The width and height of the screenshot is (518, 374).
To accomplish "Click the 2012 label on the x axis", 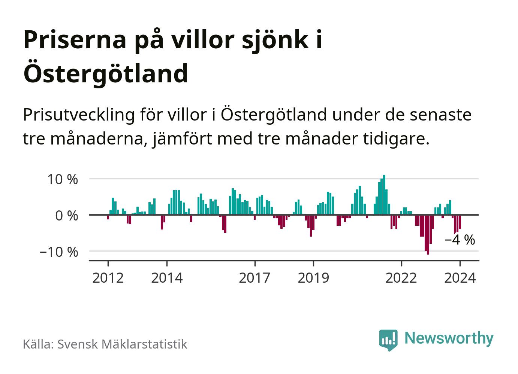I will pyautogui.click(x=108, y=278).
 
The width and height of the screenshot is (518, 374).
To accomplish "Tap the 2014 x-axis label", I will pyautogui.click(x=167, y=278).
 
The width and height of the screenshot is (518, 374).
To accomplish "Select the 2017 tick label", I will pyautogui.click(x=255, y=278).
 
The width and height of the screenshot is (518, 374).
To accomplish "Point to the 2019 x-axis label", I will pyautogui.click(x=313, y=278).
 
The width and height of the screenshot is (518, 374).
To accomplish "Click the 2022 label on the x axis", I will pyautogui.click(x=401, y=278).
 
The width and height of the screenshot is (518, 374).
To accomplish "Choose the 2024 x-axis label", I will pyautogui.click(x=460, y=278).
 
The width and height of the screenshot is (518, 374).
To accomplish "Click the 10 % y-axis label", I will pyautogui.click(x=62, y=179).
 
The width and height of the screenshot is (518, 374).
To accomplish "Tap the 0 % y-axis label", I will pyautogui.click(x=67, y=216).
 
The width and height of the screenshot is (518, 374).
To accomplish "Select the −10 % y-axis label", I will pyautogui.click(x=59, y=252).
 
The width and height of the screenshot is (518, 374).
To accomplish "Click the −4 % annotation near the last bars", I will pyautogui.click(x=460, y=240).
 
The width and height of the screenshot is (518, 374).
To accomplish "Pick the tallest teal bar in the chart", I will pyautogui.click(x=384, y=195).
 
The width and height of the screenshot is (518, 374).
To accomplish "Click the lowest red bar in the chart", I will pyautogui.click(x=428, y=235).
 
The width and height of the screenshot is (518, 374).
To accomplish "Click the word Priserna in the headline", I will pyautogui.click(x=75, y=40).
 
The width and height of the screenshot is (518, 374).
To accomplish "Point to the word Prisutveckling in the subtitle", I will pyautogui.click(x=79, y=114).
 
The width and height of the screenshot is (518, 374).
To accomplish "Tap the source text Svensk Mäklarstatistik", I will pyautogui.click(x=122, y=344).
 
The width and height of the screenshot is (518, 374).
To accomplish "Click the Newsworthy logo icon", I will pyautogui.click(x=388, y=340).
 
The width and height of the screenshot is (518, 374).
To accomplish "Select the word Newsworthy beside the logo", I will pyautogui.click(x=449, y=338).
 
